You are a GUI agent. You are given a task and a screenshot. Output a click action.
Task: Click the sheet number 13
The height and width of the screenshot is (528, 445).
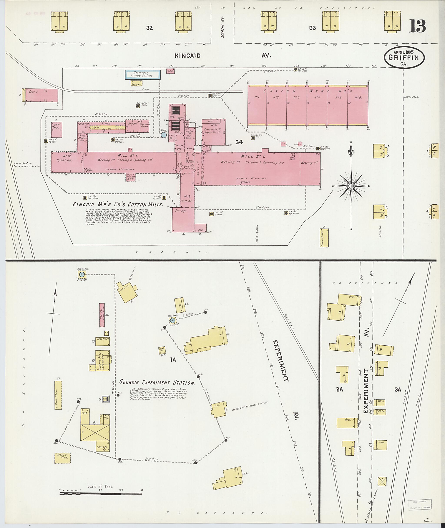pos(417,26)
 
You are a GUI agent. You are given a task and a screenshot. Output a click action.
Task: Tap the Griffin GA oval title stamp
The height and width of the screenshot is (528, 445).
pos(404,58)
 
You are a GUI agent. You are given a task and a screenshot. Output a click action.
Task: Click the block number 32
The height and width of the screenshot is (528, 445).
pos(149,28)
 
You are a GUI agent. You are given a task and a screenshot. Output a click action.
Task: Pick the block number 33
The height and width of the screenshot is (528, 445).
pos(312,28)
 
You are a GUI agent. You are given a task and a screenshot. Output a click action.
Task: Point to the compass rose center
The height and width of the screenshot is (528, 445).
pos(351,186)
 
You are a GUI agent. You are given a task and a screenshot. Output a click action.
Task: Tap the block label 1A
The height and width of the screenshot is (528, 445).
pos(173,360)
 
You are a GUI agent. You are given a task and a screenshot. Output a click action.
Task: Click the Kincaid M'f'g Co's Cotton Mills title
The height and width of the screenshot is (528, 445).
pos(118,204)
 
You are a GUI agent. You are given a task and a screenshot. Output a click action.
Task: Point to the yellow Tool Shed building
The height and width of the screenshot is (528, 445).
pos(58,395)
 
